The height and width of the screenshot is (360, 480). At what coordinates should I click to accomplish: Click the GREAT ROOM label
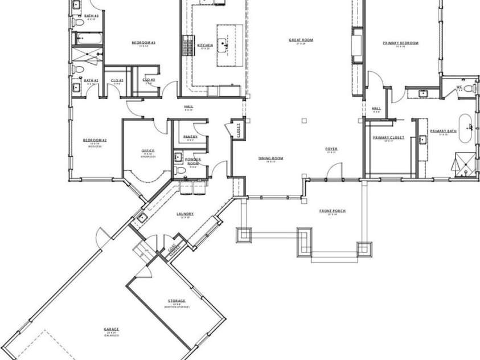[x=301, y=40]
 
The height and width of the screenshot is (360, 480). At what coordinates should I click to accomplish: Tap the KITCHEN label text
[x=205, y=45]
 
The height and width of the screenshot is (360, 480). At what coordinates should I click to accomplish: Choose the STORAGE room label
[x=176, y=300]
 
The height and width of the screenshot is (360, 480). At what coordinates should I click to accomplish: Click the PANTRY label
[x=190, y=137]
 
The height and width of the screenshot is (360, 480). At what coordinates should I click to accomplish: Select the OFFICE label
[x=148, y=150]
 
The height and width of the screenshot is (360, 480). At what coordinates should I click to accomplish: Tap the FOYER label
[x=331, y=149]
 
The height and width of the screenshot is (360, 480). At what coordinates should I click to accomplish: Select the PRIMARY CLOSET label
[x=388, y=137]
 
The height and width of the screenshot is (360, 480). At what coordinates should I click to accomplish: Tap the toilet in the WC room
[x=467, y=88]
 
